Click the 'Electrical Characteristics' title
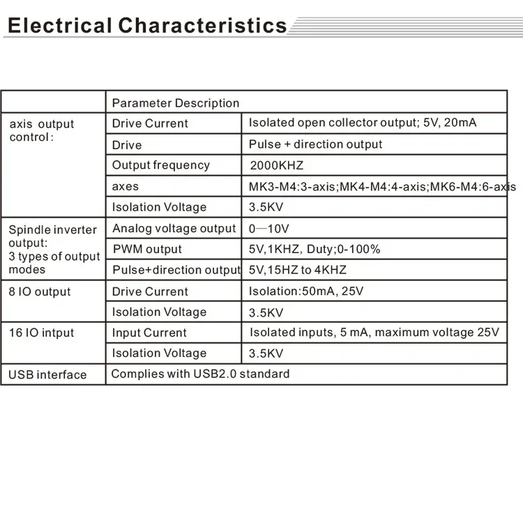click(x=146, y=26)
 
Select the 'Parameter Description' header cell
click(x=176, y=103)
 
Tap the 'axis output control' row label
click(x=42, y=130)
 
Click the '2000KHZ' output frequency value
click(x=277, y=166)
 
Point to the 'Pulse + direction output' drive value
click(x=316, y=144)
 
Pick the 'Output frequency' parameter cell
click(x=161, y=165)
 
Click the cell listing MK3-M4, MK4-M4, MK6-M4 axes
click(x=382, y=187)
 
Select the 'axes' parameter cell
click(x=126, y=186)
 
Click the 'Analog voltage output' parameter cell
click(x=174, y=228)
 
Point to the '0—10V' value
click(x=268, y=229)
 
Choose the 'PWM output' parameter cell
click(x=147, y=249)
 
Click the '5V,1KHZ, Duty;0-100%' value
click(x=314, y=249)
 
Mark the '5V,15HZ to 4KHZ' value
click(x=298, y=270)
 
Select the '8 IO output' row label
click(x=40, y=291)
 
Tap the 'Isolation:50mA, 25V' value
click(x=306, y=291)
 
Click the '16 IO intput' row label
click(x=41, y=333)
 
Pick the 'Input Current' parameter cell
click(x=150, y=333)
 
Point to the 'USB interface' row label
click(x=47, y=374)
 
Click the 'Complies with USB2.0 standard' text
click(x=200, y=374)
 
